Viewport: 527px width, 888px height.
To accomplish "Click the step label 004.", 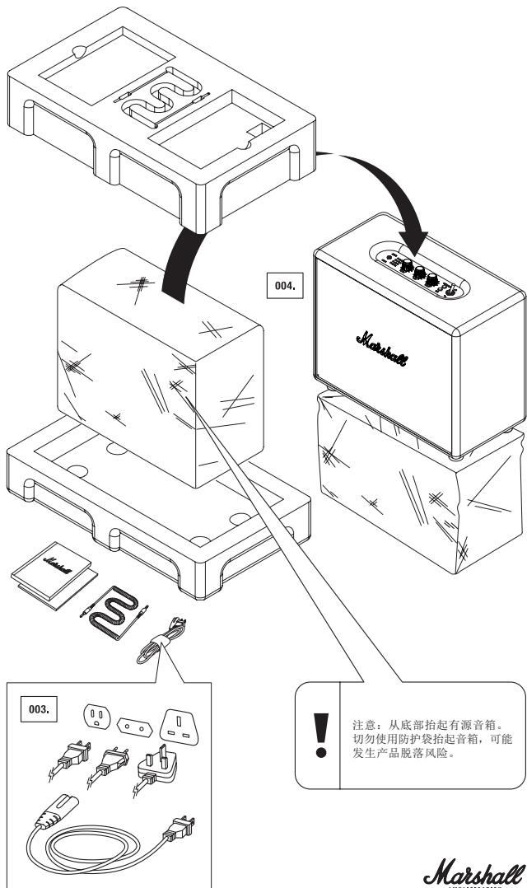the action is coord(285,286).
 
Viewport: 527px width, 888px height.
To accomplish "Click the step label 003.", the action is coord(39,709).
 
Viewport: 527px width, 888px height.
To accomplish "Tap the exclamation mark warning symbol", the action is coord(321,735).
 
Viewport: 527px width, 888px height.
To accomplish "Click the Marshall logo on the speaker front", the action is coord(381,349).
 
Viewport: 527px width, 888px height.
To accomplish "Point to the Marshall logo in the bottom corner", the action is coord(474,872).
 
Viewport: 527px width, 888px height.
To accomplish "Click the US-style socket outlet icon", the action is coord(97,717).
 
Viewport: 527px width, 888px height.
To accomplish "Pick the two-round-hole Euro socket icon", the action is coord(135,726).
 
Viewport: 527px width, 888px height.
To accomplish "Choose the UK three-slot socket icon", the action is coord(180,727).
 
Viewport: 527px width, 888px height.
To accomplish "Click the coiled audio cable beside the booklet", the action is coord(114,612).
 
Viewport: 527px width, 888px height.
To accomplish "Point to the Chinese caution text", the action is coord(431,740).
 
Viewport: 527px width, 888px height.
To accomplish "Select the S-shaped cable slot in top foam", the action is coord(162,97).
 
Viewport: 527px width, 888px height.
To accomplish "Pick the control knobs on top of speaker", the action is coord(419,273).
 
